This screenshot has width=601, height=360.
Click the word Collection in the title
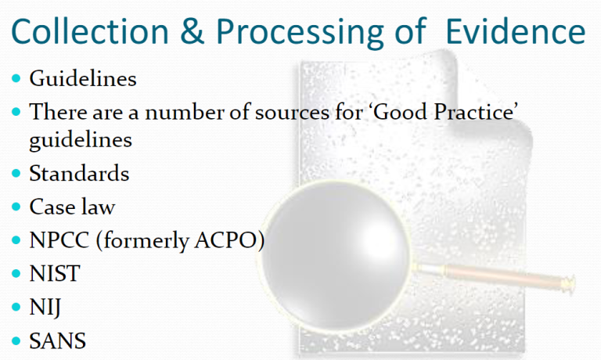(90, 31)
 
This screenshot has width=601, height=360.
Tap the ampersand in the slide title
(192, 31)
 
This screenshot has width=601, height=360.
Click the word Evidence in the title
(516, 31)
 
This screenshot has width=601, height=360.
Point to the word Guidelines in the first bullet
(83, 78)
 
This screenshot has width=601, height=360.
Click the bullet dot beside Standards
(16, 173)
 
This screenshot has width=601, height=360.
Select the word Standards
(79, 173)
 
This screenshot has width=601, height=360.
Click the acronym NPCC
(59, 241)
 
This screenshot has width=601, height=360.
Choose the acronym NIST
(55, 274)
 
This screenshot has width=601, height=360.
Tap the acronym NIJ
(45, 308)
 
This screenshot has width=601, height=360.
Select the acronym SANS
(57, 341)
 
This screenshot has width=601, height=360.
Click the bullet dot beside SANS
(16, 341)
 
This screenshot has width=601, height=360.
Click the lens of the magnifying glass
(336, 256)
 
